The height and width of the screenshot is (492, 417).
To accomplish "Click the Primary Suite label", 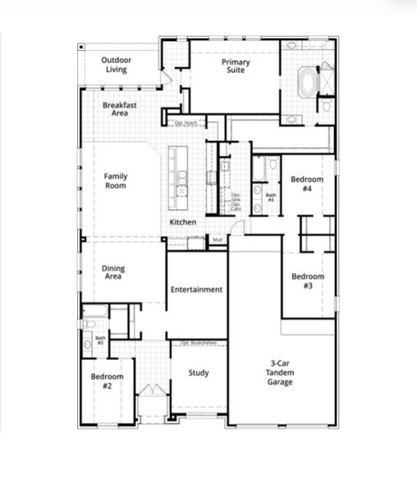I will [x=236, y=66].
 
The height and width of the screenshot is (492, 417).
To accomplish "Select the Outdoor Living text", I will [x=117, y=65].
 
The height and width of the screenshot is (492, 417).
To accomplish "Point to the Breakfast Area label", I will [x=119, y=109].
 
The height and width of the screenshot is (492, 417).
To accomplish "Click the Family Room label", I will [x=116, y=180].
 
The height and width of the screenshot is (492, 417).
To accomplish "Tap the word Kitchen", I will [x=182, y=222].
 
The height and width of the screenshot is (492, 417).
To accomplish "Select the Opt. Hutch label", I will [x=186, y=123].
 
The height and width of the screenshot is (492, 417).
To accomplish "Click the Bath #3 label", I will [x=270, y=198].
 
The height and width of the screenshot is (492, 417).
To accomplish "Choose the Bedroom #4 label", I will [x=307, y=184].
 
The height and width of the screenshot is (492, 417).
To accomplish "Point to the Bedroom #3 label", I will [x=308, y=281].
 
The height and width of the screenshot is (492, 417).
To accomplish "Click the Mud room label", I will [x=218, y=239].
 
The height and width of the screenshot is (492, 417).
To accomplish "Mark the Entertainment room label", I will [x=196, y=289].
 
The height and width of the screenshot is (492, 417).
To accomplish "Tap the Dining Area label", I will [x=113, y=272].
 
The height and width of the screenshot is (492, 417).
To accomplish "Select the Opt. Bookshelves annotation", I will [x=197, y=342].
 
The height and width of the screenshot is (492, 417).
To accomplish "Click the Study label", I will [x=198, y=373].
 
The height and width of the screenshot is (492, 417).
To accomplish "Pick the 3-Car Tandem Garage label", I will [x=280, y=373].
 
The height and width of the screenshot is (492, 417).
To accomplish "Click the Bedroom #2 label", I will [x=107, y=380].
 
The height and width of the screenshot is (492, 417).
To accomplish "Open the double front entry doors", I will [x=150, y=391].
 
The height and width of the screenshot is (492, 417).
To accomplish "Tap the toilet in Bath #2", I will [x=88, y=345].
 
